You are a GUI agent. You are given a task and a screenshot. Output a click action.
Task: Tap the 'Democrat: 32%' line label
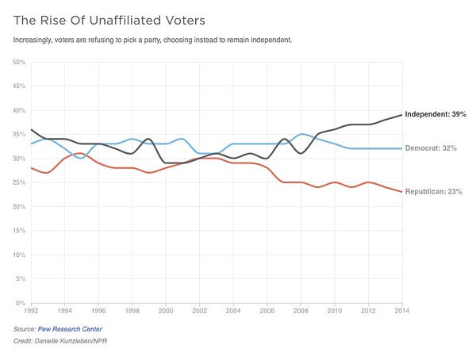point(436,149)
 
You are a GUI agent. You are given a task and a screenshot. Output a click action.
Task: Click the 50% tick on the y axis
point(18,62)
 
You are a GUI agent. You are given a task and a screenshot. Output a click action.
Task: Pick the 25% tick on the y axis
point(18,182)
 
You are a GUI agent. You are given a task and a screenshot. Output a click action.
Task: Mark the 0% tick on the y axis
point(21,304)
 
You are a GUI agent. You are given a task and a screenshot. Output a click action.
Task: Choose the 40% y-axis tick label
point(18,110)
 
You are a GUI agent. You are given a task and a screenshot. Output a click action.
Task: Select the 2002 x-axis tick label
point(200,311)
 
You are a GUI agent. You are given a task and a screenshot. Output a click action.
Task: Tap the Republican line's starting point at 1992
point(31,168)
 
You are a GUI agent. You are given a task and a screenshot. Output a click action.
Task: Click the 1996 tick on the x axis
point(98,311)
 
